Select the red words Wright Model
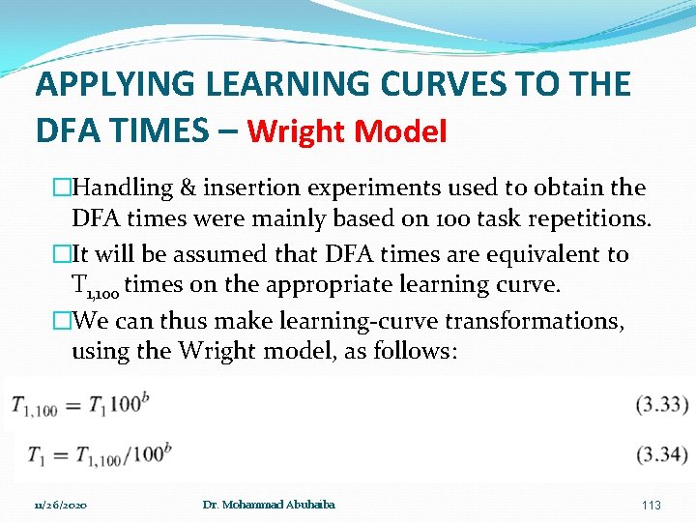coord(347,130)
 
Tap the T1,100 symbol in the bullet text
coord(95,286)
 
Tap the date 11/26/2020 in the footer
coord(61,505)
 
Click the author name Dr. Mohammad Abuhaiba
coord(269,505)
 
